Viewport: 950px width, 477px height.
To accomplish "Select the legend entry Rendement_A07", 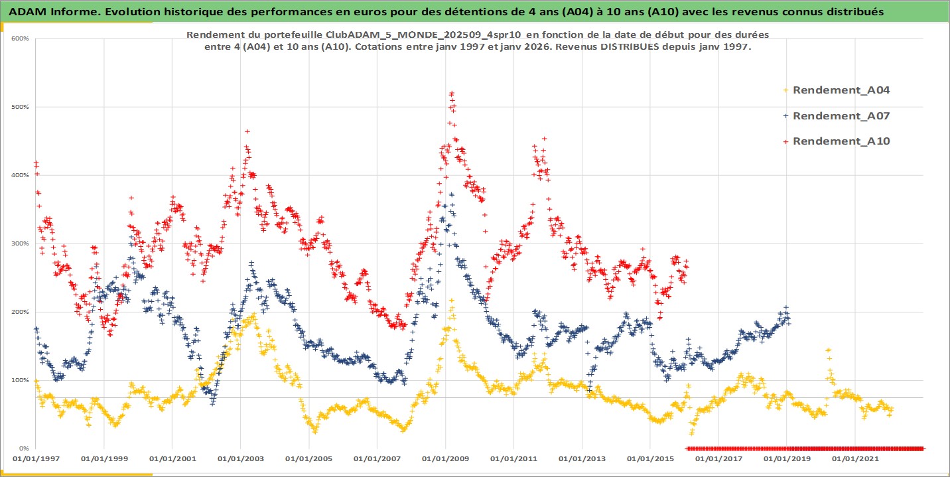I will (x=841, y=116).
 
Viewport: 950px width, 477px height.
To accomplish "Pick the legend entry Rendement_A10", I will (x=841, y=141).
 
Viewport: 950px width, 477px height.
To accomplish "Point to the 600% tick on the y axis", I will (x=20, y=38).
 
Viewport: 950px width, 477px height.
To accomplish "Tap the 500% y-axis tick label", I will (x=20, y=107).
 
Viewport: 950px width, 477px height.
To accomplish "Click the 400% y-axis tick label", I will (x=20, y=175).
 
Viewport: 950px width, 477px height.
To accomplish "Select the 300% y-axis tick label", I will (x=20, y=243).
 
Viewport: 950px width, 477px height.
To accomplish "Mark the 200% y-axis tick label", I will (x=20, y=312).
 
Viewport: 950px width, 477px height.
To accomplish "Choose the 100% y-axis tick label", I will (x=20, y=380).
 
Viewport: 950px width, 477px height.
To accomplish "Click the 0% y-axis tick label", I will (x=23, y=448).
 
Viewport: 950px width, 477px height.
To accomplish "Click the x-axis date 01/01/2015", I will (x=649, y=458).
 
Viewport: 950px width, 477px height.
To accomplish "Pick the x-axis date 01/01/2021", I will (x=854, y=458).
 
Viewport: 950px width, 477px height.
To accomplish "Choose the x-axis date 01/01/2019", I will (x=785, y=458).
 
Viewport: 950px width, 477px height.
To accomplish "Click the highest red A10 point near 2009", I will (x=452, y=94).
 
